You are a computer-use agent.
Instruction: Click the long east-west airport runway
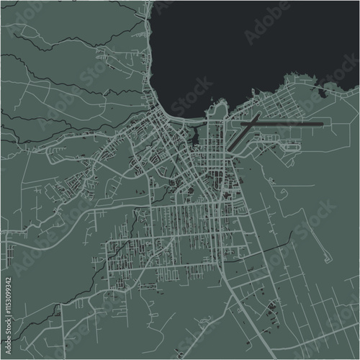click(x=288, y=124)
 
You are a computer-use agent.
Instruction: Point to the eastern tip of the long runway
click(x=323, y=124)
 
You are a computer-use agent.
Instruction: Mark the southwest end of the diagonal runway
click(x=231, y=150)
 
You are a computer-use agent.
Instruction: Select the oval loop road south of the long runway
click(x=292, y=147)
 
